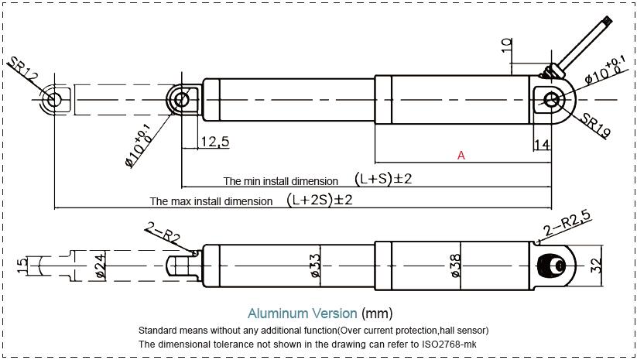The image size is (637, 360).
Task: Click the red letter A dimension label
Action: [461, 156]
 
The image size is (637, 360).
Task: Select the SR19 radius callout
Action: [597, 124]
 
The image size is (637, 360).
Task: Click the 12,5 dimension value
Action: [214, 142]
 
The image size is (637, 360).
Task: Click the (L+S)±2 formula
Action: [383, 179]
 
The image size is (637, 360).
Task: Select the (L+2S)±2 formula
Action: [320, 200]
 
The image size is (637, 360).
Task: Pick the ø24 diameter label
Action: [100, 266]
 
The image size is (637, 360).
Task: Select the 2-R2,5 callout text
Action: [567, 225]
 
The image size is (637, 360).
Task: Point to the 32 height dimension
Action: [595, 265]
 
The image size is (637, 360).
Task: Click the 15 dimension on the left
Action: [22, 266]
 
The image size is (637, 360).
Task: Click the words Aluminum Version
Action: [302, 314]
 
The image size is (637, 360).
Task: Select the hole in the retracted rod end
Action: [182, 99]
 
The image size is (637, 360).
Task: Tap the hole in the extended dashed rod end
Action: [54, 99]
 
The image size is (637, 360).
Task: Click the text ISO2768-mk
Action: [457, 343]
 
